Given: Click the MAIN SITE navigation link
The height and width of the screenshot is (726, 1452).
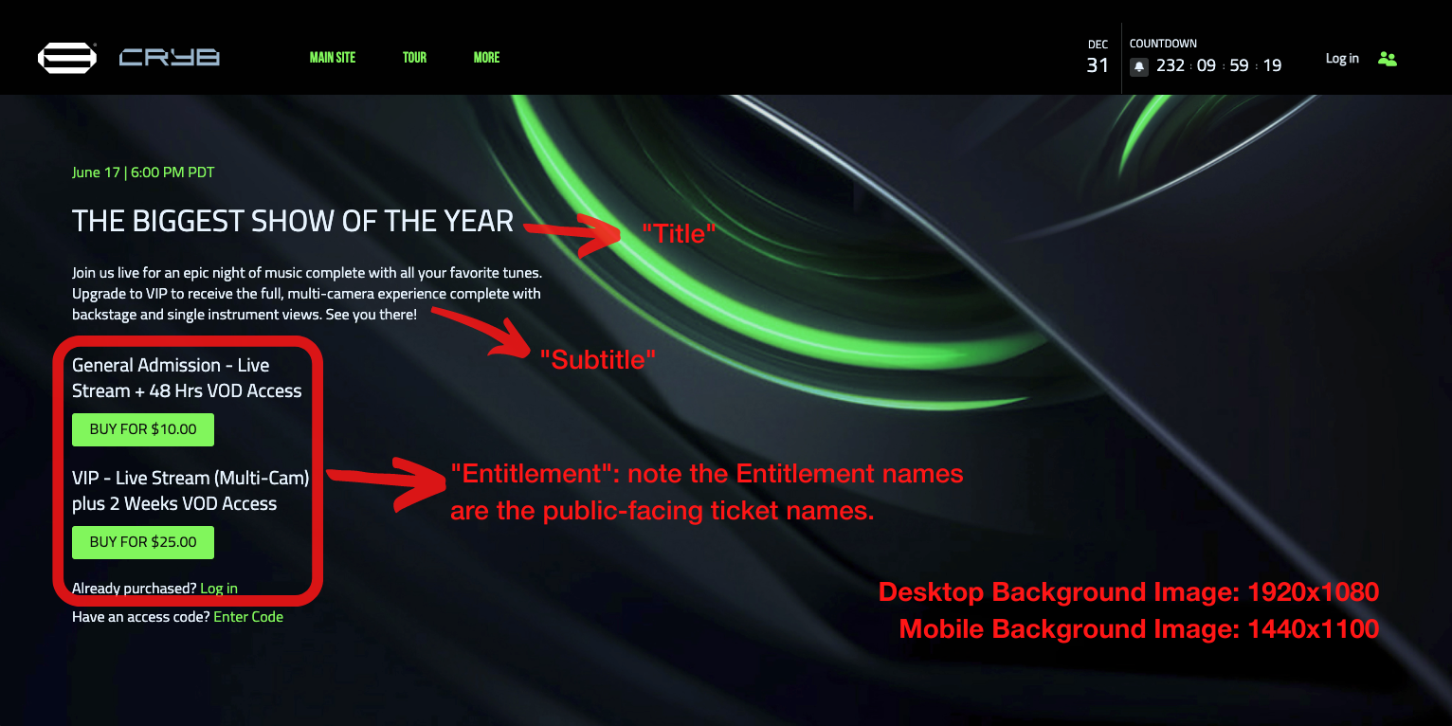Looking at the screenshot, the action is pyautogui.click(x=333, y=58).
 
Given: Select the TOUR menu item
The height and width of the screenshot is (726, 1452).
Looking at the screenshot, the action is pyautogui.click(x=414, y=58).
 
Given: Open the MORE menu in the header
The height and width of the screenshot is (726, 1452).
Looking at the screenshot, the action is pyautogui.click(x=486, y=58).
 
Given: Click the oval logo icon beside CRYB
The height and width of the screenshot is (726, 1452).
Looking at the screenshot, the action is pyautogui.click(x=66, y=58).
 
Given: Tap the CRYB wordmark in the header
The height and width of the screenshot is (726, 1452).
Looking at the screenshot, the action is pyautogui.click(x=170, y=58).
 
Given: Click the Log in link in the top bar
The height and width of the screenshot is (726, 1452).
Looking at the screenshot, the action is pyautogui.click(x=1342, y=59).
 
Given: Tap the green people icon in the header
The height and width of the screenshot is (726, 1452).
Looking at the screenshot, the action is pyautogui.click(x=1388, y=59).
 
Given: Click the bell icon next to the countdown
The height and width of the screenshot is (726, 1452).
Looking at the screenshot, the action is pyautogui.click(x=1139, y=66).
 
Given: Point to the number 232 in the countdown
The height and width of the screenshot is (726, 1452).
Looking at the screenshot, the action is pyautogui.click(x=1170, y=65).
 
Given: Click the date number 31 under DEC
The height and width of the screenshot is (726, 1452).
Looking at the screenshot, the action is pyautogui.click(x=1098, y=65).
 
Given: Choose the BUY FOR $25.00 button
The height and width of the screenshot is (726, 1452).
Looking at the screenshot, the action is pyautogui.click(x=142, y=542).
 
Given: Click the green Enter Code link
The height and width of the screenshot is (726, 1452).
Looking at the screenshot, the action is pyautogui.click(x=248, y=616).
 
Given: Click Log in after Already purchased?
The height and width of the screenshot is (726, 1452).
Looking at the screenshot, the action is pyautogui.click(x=218, y=588).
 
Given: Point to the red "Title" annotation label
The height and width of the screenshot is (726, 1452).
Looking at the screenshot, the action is pyautogui.click(x=678, y=233).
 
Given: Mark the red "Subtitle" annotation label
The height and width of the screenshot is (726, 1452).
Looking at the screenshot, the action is pyautogui.click(x=598, y=360).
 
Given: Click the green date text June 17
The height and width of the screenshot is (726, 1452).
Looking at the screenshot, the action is pyautogui.click(x=96, y=172).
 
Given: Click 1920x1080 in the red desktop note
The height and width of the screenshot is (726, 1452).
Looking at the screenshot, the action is pyautogui.click(x=1313, y=591).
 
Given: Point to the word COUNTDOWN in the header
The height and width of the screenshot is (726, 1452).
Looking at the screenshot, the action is pyautogui.click(x=1163, y=44).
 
